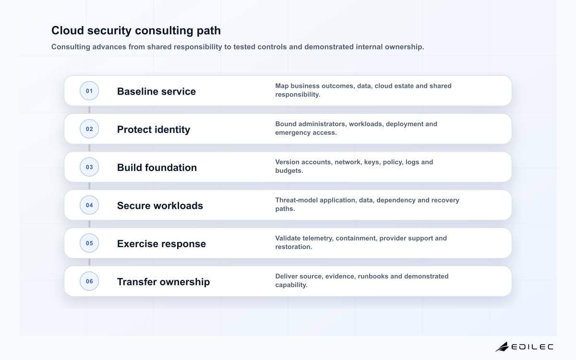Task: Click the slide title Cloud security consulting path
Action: pos(136,30)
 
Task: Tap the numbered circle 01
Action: pos(89,91)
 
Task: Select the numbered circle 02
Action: pos(89,129)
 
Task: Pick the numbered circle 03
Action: pos(89,167)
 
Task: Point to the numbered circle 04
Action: pos(89,205)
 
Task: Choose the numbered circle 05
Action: pos(89,243)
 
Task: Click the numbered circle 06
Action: pos(89,281)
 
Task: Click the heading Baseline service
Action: pos(156,91)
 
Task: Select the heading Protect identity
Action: pos(154,130)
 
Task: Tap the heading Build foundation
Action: pos(157,168)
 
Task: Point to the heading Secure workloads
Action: pos(160,205)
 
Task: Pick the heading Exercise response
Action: pos(161,244)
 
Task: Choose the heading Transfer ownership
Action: pos(163,282)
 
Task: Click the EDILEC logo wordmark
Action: pos(532,347)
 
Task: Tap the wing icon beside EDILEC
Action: pos(502,347)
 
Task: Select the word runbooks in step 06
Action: pos(373,276)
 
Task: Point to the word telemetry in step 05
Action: pos(318,239)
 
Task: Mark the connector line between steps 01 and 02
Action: pos(89,110)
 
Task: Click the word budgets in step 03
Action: pos(289,171)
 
